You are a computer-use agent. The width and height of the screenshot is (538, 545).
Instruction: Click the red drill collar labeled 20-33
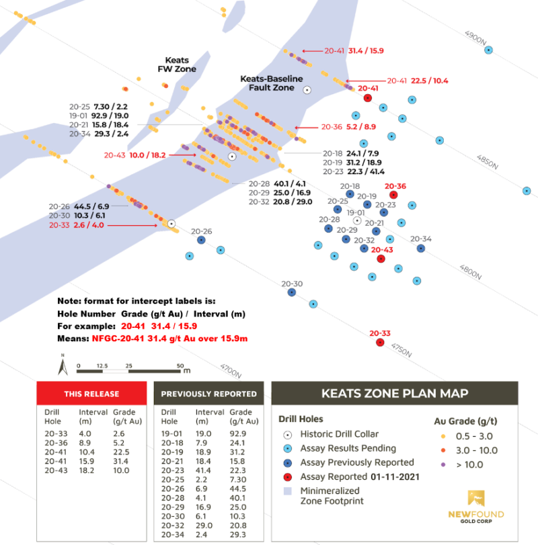(x=380, y=343)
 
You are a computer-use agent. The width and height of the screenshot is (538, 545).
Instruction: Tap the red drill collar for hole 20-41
(x=367, y=97)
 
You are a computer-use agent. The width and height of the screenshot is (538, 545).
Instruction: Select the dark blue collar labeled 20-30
(x=291, y=292)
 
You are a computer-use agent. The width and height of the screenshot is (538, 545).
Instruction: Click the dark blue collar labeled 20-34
(x=420, y=248)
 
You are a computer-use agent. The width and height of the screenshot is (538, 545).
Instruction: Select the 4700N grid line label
(x=231, y=369)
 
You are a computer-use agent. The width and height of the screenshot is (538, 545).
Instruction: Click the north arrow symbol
(x=62, y=368)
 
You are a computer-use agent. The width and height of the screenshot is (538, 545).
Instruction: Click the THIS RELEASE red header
(x=91, y=394)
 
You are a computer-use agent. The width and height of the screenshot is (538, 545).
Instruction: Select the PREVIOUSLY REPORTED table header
(x=208, y=394)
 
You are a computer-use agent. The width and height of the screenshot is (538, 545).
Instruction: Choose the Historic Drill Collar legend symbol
(x=288, y=434)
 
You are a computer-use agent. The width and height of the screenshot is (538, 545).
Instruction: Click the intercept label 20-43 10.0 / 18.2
(x=134, y=155)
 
